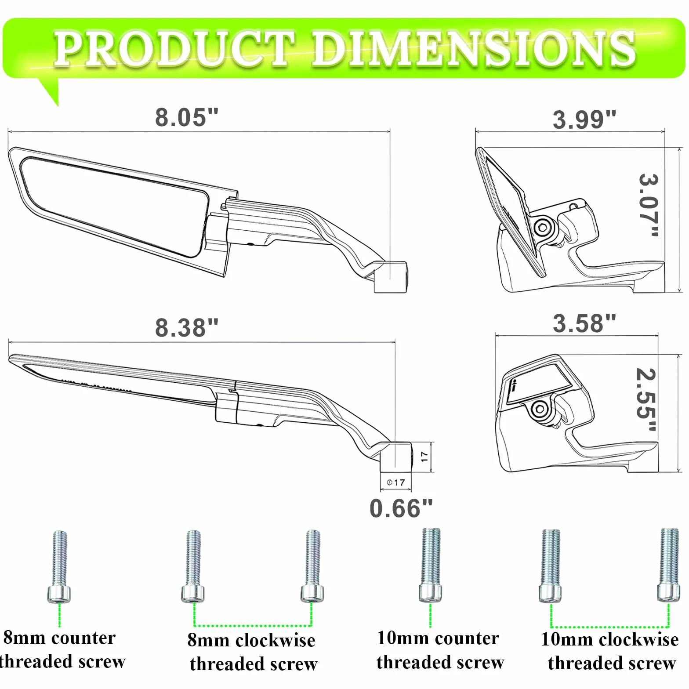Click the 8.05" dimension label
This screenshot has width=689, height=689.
coord(187,117)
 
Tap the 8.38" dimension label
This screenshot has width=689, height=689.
coord(187,328)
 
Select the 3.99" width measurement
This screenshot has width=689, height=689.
coord(584,120)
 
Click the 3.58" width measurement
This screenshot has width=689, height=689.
coord(584,323)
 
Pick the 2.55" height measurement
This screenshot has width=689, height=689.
coord(646,399)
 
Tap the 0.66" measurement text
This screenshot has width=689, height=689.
coord(401,508)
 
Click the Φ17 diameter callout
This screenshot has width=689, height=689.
coord(396,482)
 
